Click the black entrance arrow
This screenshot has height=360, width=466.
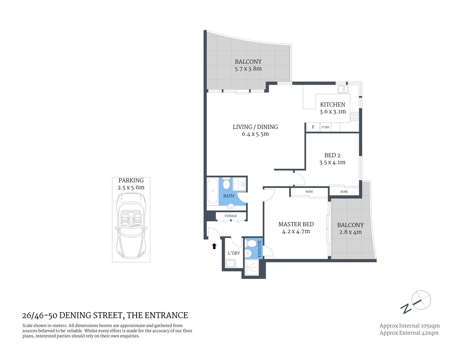coord(214,246)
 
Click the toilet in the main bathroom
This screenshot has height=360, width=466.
coord(226,185)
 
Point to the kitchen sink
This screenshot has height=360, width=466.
coord(343,89)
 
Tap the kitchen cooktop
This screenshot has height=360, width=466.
coord(355,116)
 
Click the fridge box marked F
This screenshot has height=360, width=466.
coord(313,127)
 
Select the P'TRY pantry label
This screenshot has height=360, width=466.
coord(325,127)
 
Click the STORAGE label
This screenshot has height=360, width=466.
coord(231,216)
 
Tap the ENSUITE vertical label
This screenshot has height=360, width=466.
coord(259,248)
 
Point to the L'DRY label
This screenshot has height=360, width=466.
coord(234,253)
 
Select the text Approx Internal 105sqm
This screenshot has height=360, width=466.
coord(409,326)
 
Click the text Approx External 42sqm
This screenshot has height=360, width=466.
coord(409,333)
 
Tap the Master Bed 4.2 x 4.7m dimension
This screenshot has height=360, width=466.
coord(296,231)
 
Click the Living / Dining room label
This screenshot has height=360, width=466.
coord(255,127)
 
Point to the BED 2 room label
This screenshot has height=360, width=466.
coord(332,155)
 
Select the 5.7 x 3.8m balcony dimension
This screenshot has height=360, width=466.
coord(248,69)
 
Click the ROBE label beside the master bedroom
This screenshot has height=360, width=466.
coord(309,192)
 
